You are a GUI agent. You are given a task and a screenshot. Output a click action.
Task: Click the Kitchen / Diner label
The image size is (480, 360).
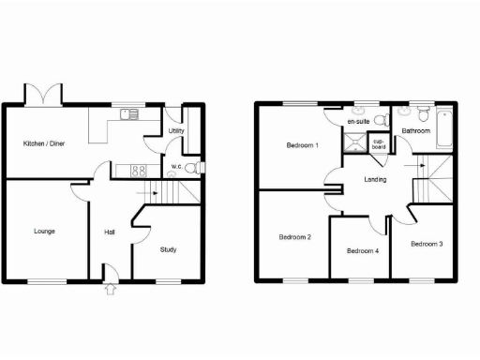click(x=44, y=142)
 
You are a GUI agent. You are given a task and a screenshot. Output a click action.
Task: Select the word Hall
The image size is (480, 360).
click(x=110, y=232)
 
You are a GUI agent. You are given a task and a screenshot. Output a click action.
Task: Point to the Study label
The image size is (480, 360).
click(x=168, y=249)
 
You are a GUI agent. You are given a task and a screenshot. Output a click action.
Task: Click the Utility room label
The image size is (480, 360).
click(x=175, y=131)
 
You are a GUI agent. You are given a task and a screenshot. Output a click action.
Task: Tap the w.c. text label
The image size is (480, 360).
click(x=175, y=168)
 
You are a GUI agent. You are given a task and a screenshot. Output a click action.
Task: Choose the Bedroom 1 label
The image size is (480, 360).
click(x=302, y=145)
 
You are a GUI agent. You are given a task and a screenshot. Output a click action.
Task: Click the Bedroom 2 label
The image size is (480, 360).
click(x=294, y=236)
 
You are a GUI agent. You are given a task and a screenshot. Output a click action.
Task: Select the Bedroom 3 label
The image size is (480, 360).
click(x=427, y=243)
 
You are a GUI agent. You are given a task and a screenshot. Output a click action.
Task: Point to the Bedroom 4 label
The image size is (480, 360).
click(x=363, y=250)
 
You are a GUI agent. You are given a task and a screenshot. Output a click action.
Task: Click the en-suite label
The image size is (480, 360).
click(x=357, y=122)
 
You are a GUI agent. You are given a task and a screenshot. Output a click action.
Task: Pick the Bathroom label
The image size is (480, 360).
click(x=415, y=131)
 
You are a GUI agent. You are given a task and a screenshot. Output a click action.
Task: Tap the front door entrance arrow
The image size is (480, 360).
click(x=111, y=289)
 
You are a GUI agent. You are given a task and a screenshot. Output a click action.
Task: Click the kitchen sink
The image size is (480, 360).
click(x=128, y=114)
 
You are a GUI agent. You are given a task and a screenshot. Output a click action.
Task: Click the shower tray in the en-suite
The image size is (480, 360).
click(x=354, y=142)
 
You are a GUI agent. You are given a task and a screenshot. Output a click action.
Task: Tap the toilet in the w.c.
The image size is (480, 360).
click(x=191, y=168)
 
